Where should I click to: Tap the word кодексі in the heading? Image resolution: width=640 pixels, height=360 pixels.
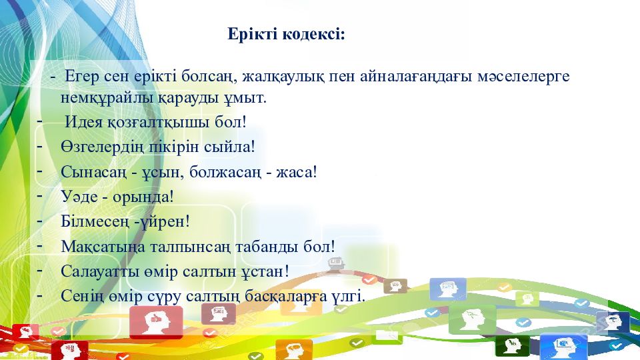point(313,34)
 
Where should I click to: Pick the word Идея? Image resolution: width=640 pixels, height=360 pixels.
point(83,122)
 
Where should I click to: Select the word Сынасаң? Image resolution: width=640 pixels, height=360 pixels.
point(93,172)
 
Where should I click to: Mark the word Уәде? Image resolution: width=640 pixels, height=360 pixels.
point(79,197)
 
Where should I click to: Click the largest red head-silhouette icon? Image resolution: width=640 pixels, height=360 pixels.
point(156,322)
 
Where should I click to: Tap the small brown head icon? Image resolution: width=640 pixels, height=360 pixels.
point(395,286)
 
